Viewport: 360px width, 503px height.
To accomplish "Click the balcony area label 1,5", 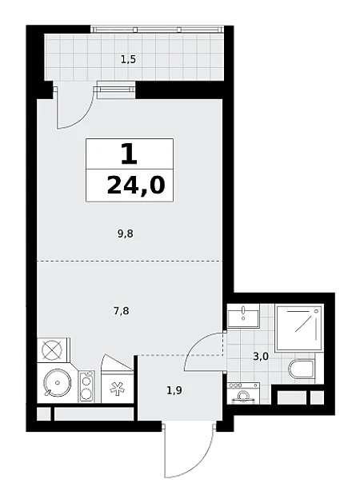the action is click(x=128, y=59).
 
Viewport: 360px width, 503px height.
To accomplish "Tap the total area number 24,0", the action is click(x=136, y=186).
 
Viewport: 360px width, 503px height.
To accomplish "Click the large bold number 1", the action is click(x=129, y=154).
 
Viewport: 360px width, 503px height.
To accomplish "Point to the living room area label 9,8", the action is click(x=125, y=234).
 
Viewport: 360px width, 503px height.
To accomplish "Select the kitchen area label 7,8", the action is click(x=122, y=310).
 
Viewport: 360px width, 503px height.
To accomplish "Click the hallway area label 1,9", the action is click(x=174, y=390).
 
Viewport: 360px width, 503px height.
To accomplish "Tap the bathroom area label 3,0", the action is click(x=261, y=356).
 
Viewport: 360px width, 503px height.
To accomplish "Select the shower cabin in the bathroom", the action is click(x=298, y=327).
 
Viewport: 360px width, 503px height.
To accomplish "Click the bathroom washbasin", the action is click(x=243, y=316).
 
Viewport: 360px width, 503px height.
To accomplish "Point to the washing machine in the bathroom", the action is click(x=243, y=393).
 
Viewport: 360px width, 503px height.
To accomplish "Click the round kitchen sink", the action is click(x=58, y=383).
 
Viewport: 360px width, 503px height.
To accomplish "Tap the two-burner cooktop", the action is click(x=86, y=386).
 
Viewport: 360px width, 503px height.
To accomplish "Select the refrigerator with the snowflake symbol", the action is click(x=117, y=386).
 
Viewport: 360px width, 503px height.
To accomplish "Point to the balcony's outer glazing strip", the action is click(x=157, y=30).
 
